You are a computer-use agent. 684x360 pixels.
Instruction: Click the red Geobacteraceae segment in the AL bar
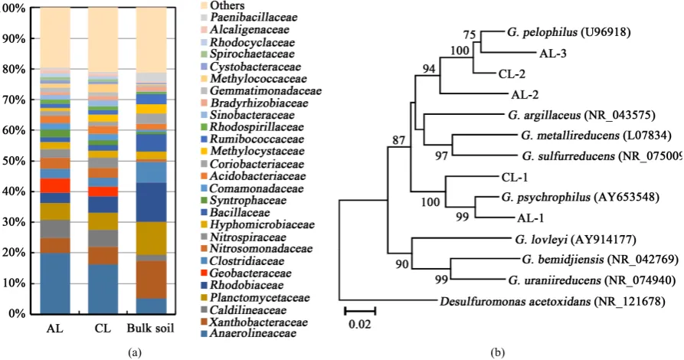click(55, 185)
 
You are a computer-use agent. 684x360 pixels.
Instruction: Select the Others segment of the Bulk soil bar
click(152, 40)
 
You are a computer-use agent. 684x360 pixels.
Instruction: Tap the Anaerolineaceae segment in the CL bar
click(103, 289)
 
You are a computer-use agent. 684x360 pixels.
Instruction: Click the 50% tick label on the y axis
click(14, 161)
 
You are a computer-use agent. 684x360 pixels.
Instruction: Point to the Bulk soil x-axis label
click(150, 328)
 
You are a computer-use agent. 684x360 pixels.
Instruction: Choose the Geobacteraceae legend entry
click(247, 273)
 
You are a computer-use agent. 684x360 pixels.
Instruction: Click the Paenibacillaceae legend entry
click(250, 18)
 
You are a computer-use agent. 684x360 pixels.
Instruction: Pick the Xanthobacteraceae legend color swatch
click(204, 322)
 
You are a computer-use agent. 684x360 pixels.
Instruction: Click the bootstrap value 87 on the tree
click(399, 140)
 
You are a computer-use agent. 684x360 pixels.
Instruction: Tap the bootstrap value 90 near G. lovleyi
click(402, 264)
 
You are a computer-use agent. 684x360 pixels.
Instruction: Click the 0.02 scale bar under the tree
click(360, 311)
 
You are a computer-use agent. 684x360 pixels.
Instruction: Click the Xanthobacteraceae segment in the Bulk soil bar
click(152, 280)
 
